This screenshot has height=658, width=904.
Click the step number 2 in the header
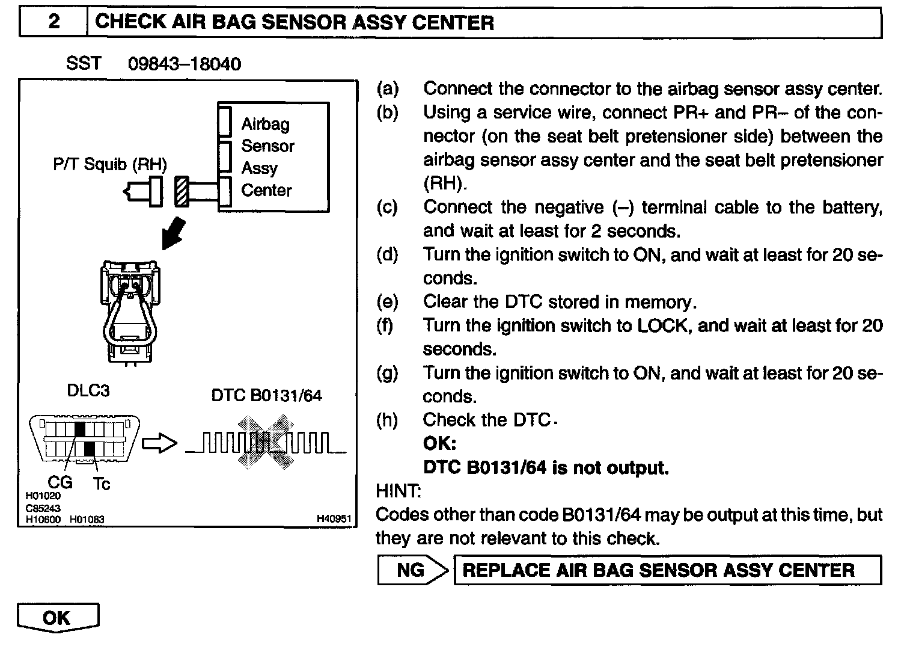point(53,22)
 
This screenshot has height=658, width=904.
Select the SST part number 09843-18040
point(185,64)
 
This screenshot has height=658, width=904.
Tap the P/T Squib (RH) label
point(110,164)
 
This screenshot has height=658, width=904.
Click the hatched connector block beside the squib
point(182,192)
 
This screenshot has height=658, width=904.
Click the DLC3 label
point(88,390)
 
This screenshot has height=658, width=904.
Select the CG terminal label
point(60,482)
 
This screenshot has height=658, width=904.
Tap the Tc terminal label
point(102,484)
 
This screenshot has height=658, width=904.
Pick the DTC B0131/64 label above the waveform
point(266,395)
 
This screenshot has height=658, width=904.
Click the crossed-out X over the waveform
point(264,443)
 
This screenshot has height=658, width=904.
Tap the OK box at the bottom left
point(57,618)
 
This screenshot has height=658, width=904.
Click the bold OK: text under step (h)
point(439,443)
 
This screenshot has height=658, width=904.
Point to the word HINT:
point(399,491)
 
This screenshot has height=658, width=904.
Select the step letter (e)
point(387,301)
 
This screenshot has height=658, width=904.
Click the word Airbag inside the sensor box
point(265,125)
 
